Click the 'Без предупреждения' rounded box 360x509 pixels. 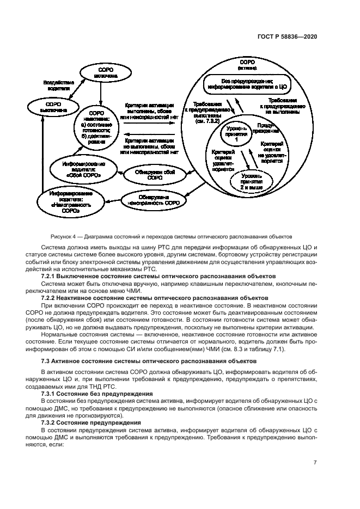251,83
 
